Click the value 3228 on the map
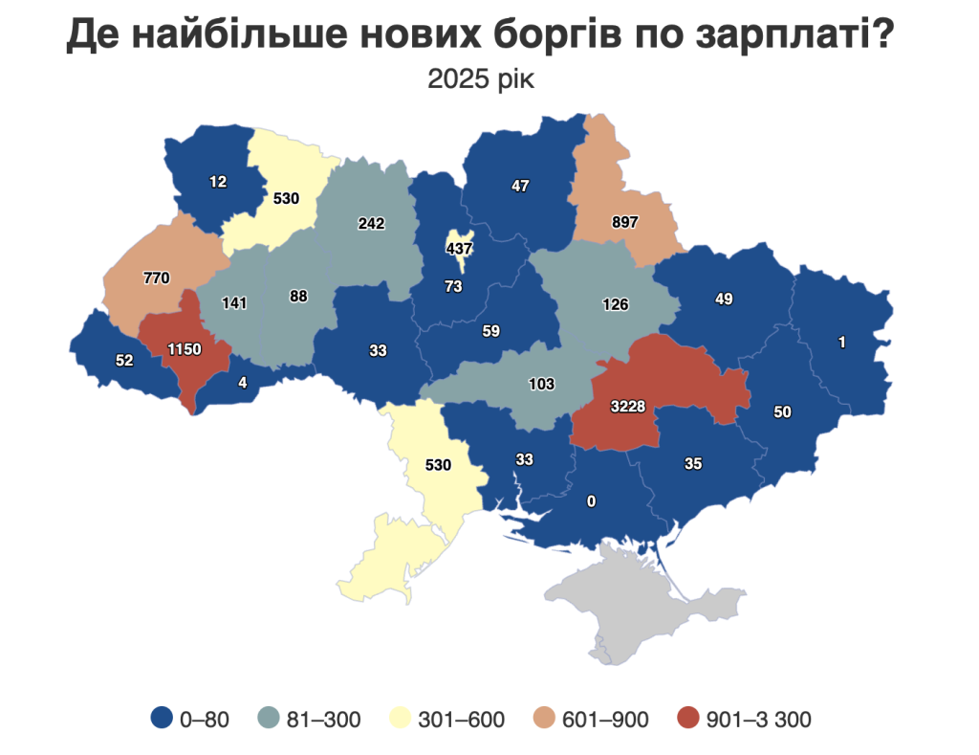point(628,407)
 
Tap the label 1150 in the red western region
point(184,349)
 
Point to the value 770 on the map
point(156,278)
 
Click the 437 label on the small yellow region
point(460,248)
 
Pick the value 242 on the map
point(371,224)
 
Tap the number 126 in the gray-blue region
point(616,305)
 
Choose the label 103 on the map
point(542,384)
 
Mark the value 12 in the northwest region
point(218,181)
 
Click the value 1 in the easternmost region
point(841,343)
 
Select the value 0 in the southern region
point(593,501)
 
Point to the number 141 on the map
point(234,303)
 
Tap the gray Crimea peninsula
point(650,603)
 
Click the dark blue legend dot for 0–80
point(162,719)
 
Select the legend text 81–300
point(324,720)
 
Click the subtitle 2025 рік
point(481,78)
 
